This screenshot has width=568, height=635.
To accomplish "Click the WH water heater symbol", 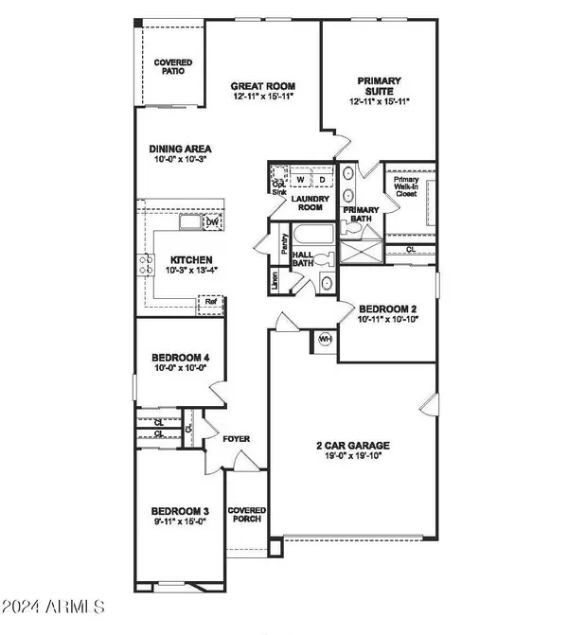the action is pyautogui.click(x=325, y=339).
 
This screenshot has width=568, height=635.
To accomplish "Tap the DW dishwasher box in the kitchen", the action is pyautogui.click(x=213, y=222).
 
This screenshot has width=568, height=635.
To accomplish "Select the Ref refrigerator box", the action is pyautogui.click(x=211, y=302).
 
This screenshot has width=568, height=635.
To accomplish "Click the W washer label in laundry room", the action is pyautogui.click(x=301, y=180).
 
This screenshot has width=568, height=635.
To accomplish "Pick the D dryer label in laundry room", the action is pyautogui.click(x=323, y=180).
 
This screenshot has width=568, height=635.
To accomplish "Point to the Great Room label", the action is pyautogui.click(x=263, y=86).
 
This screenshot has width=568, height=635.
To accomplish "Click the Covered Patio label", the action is pyautogui.click(x=173, y=67).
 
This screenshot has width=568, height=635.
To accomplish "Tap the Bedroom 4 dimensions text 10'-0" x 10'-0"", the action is pyautogui.click(x=180, y=368).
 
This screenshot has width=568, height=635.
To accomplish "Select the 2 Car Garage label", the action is pyautogui.click(x=353, y=446).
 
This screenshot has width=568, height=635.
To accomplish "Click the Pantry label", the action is pyautogui.click(x=284, y=244).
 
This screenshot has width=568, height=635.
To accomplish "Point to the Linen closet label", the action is pyautogui.click(x=275, y=280).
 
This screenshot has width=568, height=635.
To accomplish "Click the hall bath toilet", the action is pyautogui.click(x=324, y=258).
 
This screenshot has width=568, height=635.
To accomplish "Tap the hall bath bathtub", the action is pyautogui.click(x=313, y=234).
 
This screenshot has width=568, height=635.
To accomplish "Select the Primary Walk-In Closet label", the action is pyautogui.click(x=406, y=186).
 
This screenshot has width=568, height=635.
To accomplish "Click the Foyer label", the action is pyautogui.click(x=237, y=439).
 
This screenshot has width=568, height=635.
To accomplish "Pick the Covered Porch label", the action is pyautogui.click(x=247, y=514).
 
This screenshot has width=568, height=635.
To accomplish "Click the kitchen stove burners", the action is pyautogui.click(x=146, y=264).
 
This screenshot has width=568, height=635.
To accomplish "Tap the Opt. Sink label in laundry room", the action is pyautogui.click(x=279, y=188).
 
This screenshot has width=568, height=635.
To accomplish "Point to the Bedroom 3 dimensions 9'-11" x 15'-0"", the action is pyautogui.click(x=180, y=521).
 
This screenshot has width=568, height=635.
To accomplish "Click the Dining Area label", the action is pyautogui.click(x=180, y=149).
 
